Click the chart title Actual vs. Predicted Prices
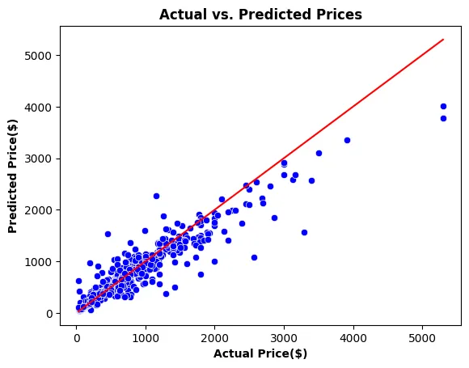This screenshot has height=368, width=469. pyautogui.click(x=260, y=15)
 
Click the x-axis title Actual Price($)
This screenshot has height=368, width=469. pyautogui.click(x=260, y=353)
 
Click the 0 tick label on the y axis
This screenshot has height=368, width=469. pyautogui.click(x=49, y=313)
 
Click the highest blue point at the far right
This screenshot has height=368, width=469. pyautogui.click(x=443, y=106)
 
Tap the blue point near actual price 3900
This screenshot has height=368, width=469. pyautogui.click(x=347, y=140)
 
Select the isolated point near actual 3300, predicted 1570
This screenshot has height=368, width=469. pyautogui.click(x=304, y=232)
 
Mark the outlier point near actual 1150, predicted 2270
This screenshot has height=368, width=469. pyautogui.click(x=156, y=196)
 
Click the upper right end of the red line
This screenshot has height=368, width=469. pyautogui.click(x=443, y=40)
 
